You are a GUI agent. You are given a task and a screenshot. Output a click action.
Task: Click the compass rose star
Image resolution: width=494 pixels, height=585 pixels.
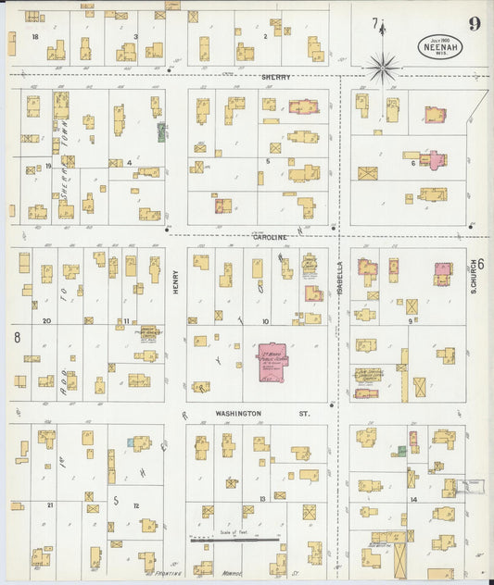point(382,67)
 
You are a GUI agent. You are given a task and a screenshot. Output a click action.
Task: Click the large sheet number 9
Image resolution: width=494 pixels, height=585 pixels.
point(474,23)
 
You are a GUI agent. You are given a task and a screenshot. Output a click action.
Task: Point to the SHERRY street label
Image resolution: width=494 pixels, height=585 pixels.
point(275,78)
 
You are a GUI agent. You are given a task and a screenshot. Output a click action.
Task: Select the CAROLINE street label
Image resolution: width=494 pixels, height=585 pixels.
point(269,237)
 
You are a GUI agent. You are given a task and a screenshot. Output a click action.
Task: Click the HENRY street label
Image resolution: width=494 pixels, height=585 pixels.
point(175,282)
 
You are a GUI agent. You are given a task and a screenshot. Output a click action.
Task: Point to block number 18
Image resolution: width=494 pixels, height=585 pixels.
point(35,37)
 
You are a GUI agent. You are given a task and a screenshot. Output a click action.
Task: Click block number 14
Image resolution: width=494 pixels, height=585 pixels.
point(413,500)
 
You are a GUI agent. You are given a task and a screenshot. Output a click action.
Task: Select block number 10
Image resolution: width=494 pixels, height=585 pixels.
point(265,322)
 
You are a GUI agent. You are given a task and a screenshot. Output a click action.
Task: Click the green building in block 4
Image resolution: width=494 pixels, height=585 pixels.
point(161,132)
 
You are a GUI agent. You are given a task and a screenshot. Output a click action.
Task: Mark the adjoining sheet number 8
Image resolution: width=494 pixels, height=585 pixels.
point(17,338)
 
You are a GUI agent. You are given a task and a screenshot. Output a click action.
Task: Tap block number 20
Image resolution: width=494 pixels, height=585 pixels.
point(45,321)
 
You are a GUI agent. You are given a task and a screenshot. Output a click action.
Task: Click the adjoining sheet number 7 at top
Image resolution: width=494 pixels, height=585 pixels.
point(375,23)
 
